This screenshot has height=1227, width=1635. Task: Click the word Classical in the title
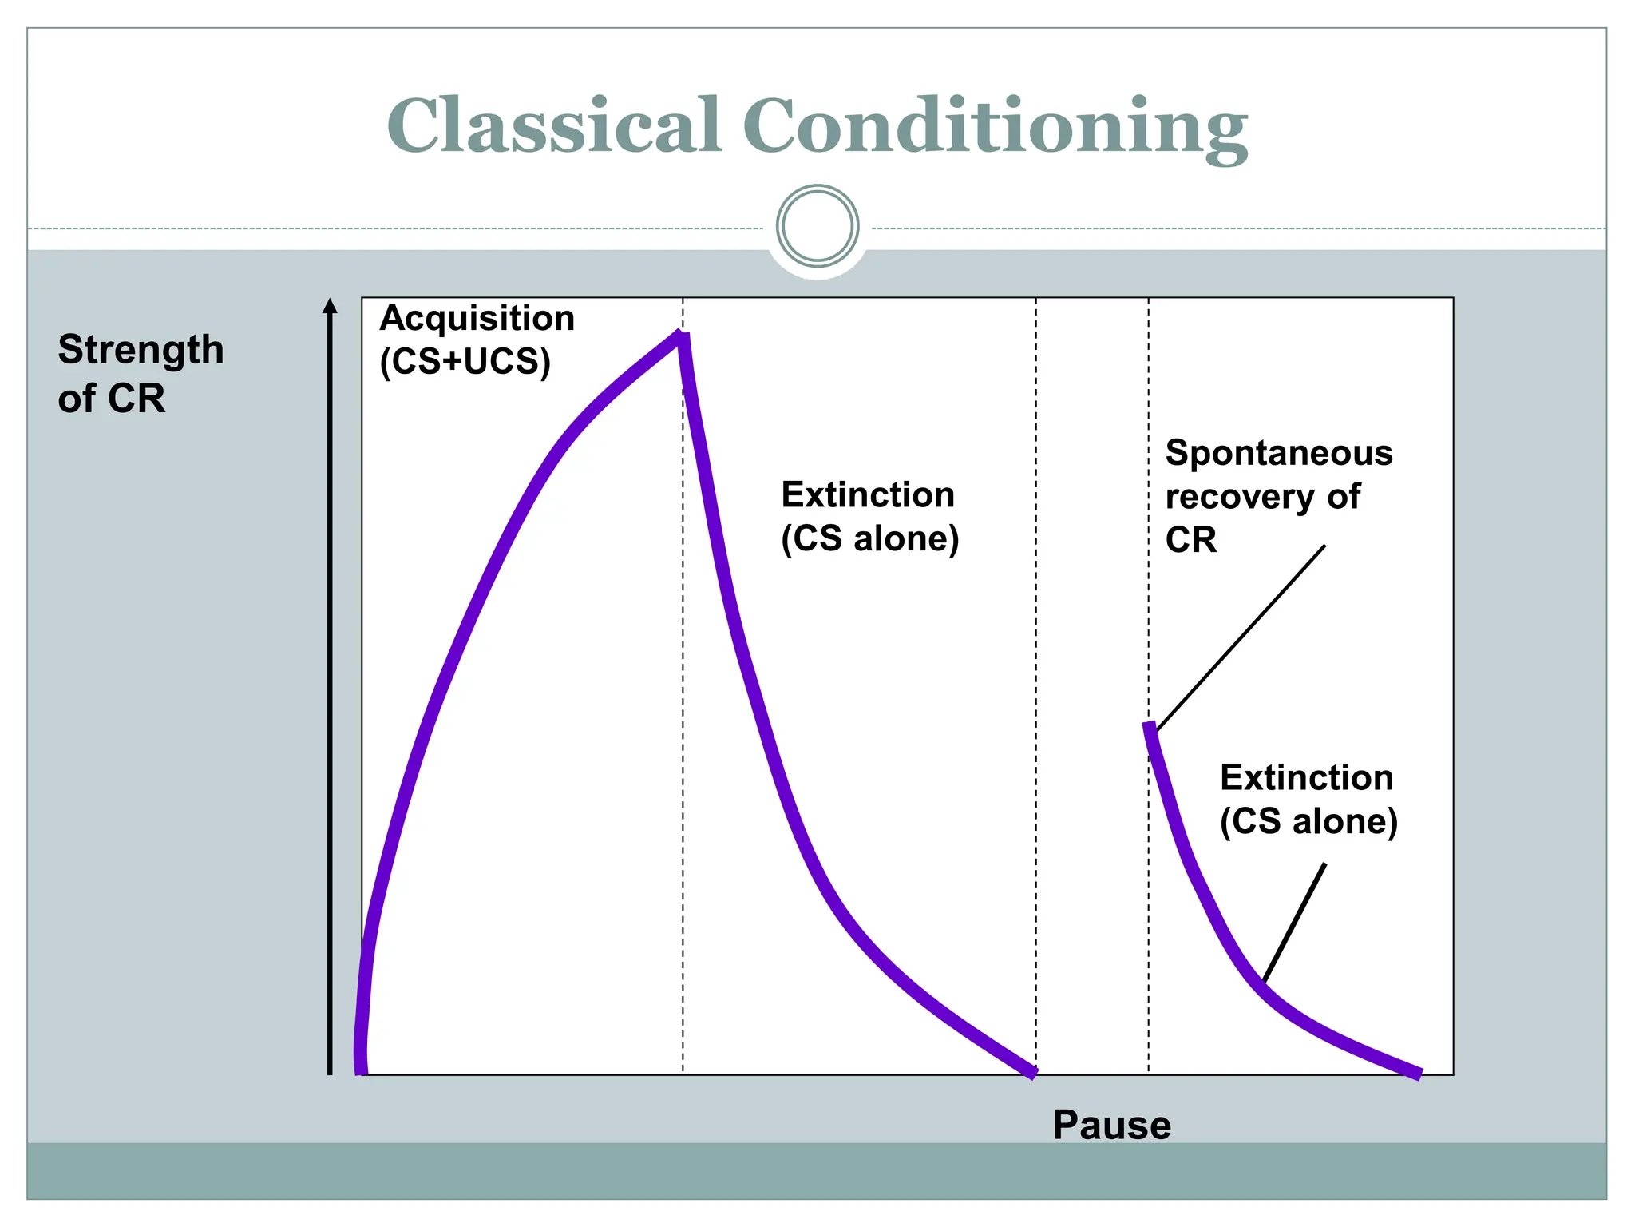click(x=554, y=125)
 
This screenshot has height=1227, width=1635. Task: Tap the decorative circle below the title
click(x=817, y=226)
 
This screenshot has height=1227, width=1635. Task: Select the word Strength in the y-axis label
click(x=141, y=350)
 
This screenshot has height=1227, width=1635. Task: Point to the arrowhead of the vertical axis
click(x=330, y=306)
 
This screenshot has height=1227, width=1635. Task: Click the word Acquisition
click(x=477, y=318)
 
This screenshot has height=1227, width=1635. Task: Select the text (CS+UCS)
click(x=465, y=361)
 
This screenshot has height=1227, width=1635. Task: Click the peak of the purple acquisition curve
click(x=681, y=336)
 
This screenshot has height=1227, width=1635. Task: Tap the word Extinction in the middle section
click(x=868, y=494)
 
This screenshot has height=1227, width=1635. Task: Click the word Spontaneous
click(x=1279, y=453)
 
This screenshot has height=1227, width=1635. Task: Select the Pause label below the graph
click(x=1111, y=1125)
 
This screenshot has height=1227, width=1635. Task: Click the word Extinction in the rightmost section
click(x=1306, y=777)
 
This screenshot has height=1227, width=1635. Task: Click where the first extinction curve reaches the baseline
click(x=1033, y=1073)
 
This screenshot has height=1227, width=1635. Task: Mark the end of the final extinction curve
click(x=1419, y=1074)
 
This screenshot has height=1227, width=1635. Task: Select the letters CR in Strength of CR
click(x=136, y=398)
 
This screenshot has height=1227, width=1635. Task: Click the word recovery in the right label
click(x=1239, y=497)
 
